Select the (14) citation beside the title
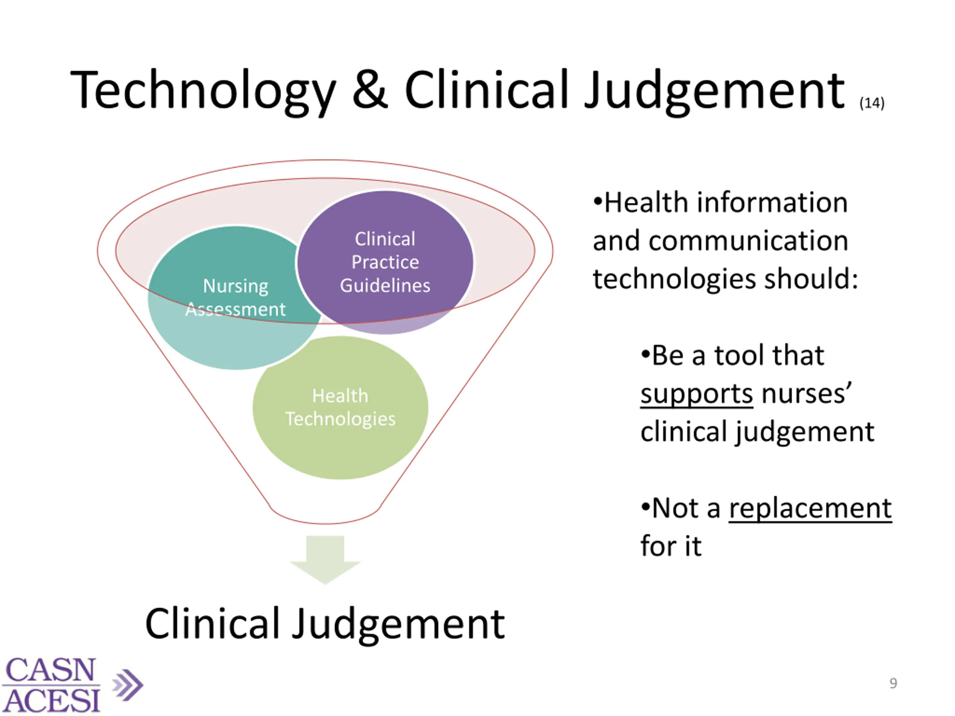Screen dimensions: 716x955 872,103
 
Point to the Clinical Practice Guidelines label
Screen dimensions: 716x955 385,262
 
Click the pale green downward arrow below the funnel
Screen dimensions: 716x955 325,559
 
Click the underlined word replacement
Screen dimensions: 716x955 810,508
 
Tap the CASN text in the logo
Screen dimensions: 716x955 50,670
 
